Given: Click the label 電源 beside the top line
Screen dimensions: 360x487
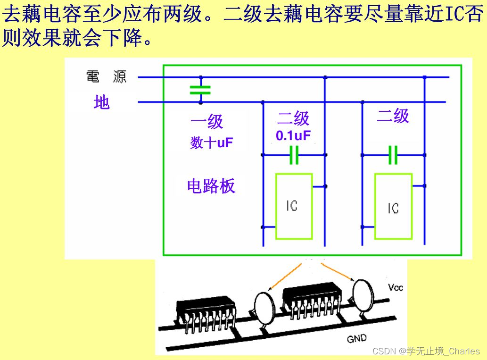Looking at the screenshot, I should pos(107,77).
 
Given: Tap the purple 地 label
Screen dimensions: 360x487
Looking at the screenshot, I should pos(101,102).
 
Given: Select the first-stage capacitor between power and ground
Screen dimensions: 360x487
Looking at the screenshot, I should pos(200,90).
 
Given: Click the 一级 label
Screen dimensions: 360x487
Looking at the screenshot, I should pos(206,122).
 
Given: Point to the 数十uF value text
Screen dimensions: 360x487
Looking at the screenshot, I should pos(212,142).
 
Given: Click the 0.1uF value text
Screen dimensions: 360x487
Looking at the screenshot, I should pos(293,136).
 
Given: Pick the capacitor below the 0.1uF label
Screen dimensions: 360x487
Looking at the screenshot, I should pos(294,155).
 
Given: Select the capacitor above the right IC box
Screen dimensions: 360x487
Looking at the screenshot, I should pos(393,155).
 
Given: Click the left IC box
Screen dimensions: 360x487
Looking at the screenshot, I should pos(294,206).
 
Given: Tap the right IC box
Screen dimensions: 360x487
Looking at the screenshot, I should pos(393,207).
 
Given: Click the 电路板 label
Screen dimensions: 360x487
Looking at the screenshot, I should pos(211,186).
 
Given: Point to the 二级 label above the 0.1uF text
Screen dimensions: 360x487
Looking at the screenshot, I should pos(293,118).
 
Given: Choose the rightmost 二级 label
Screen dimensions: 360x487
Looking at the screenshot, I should pos(393,116).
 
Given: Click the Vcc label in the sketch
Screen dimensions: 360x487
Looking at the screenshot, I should pos(396,287).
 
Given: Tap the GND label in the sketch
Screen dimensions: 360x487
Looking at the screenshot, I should pos(356,339).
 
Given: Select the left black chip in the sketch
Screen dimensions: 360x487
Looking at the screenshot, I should pos(206,310).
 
